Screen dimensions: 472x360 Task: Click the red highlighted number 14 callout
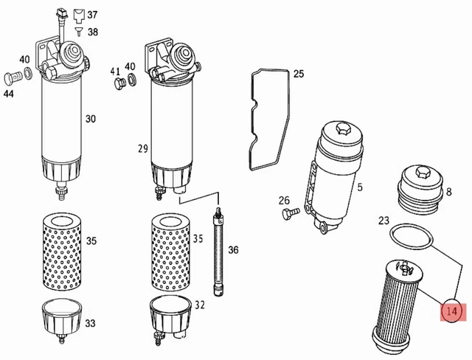pos(452,311)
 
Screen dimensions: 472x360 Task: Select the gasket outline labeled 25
pos(252,120)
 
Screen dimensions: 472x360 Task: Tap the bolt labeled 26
pos(291,212)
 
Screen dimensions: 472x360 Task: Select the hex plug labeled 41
pos(119,83)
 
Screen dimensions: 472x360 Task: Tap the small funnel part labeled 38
pos(79,32)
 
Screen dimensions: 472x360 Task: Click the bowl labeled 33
pos(61,320)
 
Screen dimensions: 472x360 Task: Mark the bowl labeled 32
pos(170,319)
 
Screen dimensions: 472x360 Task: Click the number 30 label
pos(90,119)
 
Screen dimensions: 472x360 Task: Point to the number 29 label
pos(143,149)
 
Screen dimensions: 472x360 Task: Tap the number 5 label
pos(360,187)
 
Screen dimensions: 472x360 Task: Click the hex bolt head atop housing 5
pos(344,128)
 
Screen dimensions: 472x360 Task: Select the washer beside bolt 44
pos(28,72)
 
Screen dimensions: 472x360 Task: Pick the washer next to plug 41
pos(132,79)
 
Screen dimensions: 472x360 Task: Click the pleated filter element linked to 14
pos(397,307)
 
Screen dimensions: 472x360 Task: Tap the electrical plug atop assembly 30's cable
pos(60,14)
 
